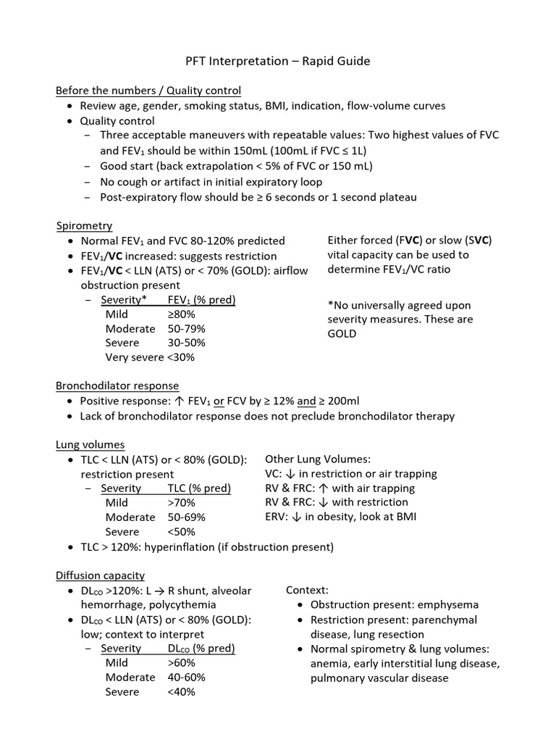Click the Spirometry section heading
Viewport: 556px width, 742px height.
coord(84,226)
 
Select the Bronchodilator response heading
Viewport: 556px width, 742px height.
coord(117,385)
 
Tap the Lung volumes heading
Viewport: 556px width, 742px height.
coord(90,444)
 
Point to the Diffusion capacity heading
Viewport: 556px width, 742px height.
coord(101,575)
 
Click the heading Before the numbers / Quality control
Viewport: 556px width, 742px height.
coord(148,91)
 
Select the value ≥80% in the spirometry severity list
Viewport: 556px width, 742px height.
coord(181,314)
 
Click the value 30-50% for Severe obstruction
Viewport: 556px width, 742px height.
coord(186,343)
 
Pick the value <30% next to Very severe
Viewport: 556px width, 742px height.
coord(181,357)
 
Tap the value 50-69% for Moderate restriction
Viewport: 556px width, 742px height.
coord(186,517)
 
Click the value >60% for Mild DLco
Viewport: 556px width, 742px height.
coord(181,662)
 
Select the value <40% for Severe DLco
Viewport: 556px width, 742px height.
coord(181,691)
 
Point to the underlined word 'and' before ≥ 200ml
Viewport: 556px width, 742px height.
coord(306,401)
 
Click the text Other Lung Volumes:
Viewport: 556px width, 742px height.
coord(318,459)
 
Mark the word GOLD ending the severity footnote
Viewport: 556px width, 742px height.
coord(342,334)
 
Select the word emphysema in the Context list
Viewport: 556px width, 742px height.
coord(447,604)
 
